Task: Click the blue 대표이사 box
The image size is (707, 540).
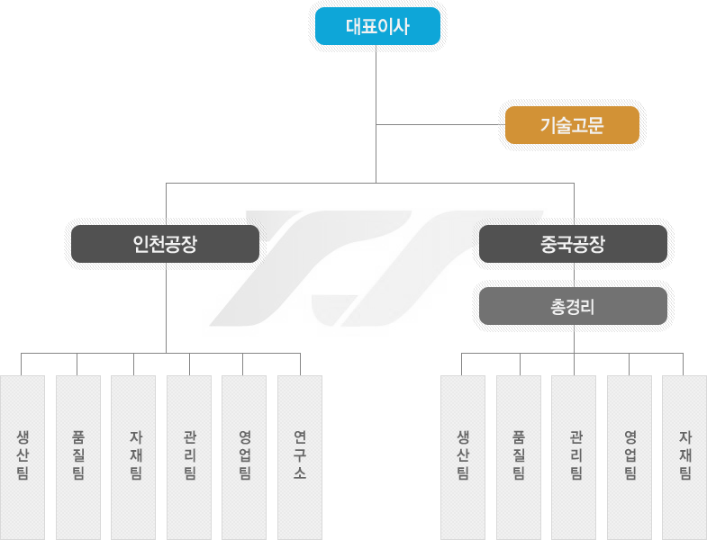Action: [377, 26]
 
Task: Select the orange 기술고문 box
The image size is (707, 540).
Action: [572, 125]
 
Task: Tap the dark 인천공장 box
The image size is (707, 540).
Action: [165, 244]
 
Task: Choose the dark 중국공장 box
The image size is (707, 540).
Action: [573, 244]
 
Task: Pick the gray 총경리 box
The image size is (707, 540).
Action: [573, 306]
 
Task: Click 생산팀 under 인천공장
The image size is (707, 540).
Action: [23, 457]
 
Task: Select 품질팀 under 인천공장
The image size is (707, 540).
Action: [78, 457]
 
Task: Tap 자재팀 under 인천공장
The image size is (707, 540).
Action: [133, 457]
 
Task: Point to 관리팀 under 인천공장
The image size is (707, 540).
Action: [189, 457]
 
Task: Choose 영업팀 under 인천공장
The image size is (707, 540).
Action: [244, 457]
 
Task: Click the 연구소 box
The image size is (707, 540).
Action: [300, 457]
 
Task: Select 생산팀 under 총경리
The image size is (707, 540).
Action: [463, 457]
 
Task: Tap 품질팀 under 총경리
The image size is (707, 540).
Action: [519, 457]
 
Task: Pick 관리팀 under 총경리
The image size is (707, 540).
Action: [574, 457]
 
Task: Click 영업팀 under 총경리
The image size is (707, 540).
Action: [630, 457]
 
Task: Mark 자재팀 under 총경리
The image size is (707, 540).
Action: [684, 457]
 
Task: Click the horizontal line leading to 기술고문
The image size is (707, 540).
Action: [440, 124]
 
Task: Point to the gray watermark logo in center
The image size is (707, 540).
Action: [376, 267]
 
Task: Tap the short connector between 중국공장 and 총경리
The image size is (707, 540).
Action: [574, 275]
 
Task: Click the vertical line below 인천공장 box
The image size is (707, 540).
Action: [166, 308]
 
